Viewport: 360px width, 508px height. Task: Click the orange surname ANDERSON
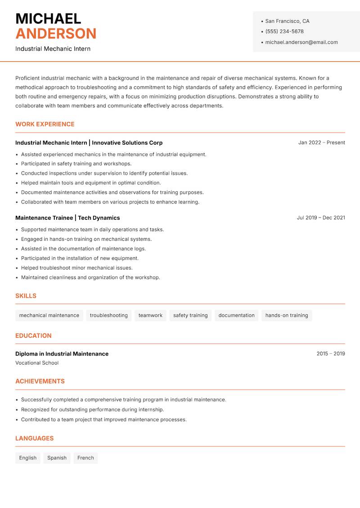click(x=56, y=34)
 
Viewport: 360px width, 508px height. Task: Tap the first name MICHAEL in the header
click(x=48, y=19)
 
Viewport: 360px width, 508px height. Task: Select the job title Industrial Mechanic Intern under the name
click(x=53, y=49)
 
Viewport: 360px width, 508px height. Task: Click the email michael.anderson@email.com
click(x=301, y=42)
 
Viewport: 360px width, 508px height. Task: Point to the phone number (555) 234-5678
click(x=284, y=31)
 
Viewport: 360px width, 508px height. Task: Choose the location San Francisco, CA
click(x=287, y=21)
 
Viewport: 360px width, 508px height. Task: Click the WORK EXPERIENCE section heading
click(x=45, y=124)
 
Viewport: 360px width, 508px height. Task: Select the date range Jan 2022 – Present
click(x=321, y=143)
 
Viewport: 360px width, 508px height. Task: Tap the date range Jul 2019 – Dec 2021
click(x=321, y=218)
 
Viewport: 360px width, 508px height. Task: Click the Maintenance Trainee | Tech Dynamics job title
click(x=67, y=218)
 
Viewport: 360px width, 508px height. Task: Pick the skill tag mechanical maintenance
click(x=49, y=315)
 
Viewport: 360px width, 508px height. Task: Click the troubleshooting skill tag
click(x=108, y=315)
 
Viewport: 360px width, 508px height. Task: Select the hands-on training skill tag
click(x=287, y=315)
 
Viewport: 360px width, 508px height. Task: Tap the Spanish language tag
click(x=57, y=458)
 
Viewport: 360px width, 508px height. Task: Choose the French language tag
click(x=85, y=458)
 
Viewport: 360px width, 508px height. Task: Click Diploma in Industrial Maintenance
click(x=62, y=354)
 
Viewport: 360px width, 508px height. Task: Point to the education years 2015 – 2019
click(x=330, y=354)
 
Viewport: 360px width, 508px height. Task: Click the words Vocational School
click(x=37, y=363)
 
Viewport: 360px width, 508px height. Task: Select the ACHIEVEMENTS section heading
click(x=40, y=381)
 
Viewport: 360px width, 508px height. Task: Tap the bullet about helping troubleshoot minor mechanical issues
click(x=76, y=268)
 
